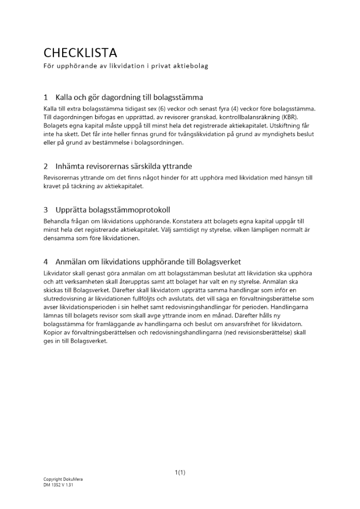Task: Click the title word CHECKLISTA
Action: pyautogui.click(x=80, y=53)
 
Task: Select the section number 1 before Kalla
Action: pyautogui.click(x=46, y=97)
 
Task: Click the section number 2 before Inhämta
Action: pyautogui.click(x=46, y=166)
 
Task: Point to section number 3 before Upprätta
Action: pyautogui.click(x=46, y=210)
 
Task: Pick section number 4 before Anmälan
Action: pyautogui.click(x=46, y=262)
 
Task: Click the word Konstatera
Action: pyautogui.click(x=189, y=221)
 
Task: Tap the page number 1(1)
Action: pyautogui.click(x=180, y=472)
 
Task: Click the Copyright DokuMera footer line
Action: pyautogui.click(x=63, y=479)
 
